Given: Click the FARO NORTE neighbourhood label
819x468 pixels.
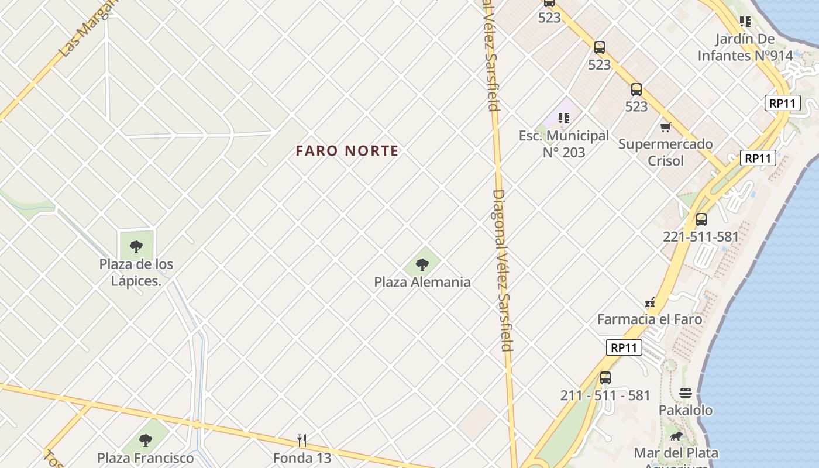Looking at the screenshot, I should coord(347,151).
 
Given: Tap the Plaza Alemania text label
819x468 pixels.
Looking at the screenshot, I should coord(422,282).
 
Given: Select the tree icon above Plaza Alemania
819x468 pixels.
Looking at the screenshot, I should coord(422,265).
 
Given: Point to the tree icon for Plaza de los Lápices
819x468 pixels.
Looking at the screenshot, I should coord(136,246).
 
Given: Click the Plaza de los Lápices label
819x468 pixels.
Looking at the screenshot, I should coord(136,272).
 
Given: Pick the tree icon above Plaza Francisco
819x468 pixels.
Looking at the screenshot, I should coord(145,440).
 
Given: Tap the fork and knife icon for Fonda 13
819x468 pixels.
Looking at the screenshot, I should coord(302,440).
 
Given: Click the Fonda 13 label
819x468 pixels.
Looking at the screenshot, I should coord(302,457).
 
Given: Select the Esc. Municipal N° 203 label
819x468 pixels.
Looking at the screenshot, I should coord(563,144).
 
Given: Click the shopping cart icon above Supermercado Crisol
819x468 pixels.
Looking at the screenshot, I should coord(665,127).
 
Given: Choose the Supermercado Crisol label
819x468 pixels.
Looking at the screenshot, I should coord(665,152).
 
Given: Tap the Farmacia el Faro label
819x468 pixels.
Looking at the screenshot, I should coord(649,319).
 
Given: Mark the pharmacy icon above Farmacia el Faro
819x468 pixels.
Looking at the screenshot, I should coord(649,303).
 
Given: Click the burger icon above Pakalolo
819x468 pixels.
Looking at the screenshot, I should coord(686,393).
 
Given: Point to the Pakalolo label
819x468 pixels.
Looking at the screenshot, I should coord(686,410).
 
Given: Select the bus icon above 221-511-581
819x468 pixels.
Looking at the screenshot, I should coord(701,219).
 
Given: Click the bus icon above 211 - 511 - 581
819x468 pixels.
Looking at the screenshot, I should coord(605,378).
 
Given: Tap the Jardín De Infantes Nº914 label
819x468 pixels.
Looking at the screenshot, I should coord(745,47).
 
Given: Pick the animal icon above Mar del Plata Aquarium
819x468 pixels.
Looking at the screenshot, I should coord(676,436).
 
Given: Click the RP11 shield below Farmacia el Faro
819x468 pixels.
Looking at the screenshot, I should coord(624,347).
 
